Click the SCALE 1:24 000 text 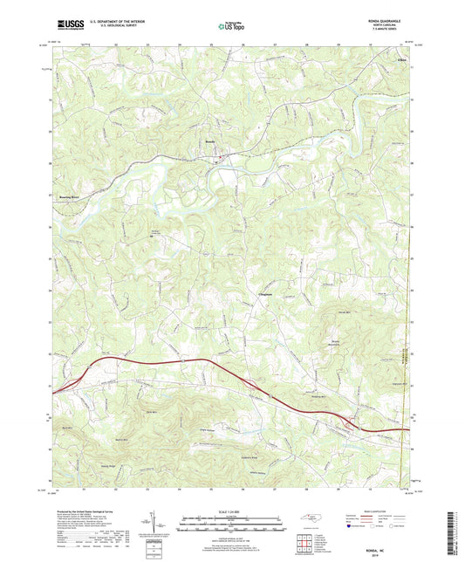coord(231,511)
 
